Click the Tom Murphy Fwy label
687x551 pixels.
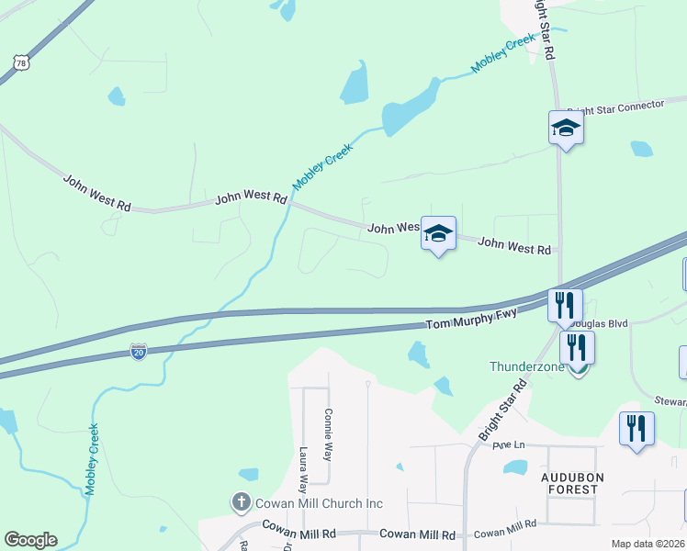point(472,320)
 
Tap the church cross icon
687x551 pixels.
point(241,502)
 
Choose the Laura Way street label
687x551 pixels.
point(303,471)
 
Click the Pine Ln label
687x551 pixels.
point(508,445)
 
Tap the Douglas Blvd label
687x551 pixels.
point(600,324)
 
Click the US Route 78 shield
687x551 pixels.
point(20,62)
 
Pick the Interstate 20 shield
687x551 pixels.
point(138,353)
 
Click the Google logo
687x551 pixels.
point(30,540)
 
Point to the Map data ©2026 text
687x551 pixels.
point(647,544)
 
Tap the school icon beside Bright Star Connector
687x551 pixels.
point(566,128)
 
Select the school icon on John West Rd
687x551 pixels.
point(439,233)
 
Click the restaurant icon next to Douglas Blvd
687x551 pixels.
point(565,304)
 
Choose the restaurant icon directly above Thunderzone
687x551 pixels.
point(577,347)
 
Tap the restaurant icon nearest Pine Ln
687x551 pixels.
point(636,428)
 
